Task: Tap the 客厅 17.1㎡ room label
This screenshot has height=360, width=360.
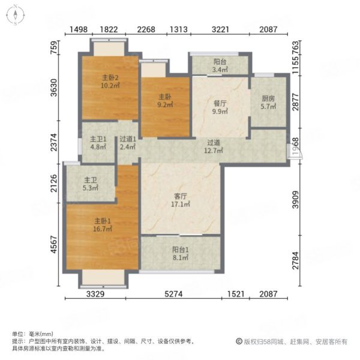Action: [181, 200]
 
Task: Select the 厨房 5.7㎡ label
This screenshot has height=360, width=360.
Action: [268, 103]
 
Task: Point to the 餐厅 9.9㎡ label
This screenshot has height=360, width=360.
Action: [220, 107]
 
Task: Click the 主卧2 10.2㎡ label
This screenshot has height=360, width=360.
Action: [109, 81]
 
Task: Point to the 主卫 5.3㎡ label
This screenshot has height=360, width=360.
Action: [91, 182]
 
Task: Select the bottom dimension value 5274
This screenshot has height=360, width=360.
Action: [181, 295]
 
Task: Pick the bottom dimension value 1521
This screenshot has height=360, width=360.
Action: [238, 295]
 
